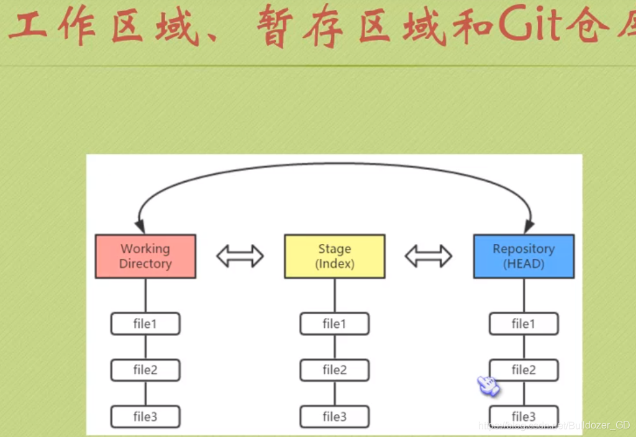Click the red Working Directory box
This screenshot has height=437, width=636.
coord(145,256)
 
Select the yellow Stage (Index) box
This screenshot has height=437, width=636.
coord(334,256)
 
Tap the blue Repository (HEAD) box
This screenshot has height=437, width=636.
coord(524,256)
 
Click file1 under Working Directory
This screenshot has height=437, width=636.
coord(145,324)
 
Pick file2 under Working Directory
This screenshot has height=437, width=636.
coord(145,370)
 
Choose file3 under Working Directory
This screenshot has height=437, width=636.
coord(145,416)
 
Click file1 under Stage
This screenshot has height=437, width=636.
coord(334,324)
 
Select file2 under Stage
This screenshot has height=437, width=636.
coord(334,370)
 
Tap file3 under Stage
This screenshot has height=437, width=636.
coord(334,416)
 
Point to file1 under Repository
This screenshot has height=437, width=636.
coord(524,324)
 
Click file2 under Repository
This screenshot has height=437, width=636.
coord(524,370)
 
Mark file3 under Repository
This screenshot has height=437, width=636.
coord(524,416)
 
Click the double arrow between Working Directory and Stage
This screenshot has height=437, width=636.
coord(240,256)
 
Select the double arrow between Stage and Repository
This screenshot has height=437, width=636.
coord(429,256)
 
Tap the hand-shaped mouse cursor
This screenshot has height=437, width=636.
coord(488,385)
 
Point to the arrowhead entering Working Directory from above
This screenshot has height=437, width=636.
coord(141,227)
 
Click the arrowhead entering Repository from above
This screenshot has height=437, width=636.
coord(529,227)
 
